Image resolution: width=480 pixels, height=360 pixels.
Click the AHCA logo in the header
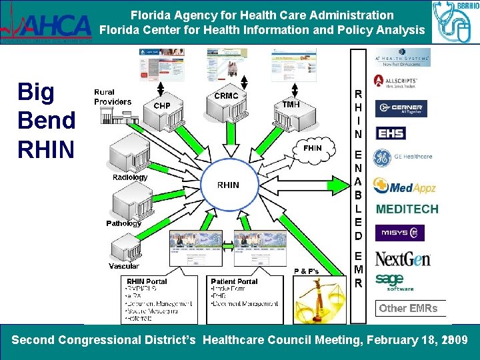click(x=47, y=25)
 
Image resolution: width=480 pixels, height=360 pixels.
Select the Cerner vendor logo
click(x=401, y=108)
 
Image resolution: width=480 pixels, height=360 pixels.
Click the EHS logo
click(x=391, y=133)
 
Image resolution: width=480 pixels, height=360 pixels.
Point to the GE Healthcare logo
click(x=403, y=157)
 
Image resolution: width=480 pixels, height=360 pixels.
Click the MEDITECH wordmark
click(x=407, y=209)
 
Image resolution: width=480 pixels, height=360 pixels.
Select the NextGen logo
click(x=402, y=258)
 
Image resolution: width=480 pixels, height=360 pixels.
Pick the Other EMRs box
click(x=408, y=308)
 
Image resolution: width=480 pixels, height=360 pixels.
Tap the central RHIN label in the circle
click(x=229, y=185)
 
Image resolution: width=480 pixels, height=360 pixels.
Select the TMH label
click(x=291, y=105)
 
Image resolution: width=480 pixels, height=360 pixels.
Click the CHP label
click(x=162, y=105)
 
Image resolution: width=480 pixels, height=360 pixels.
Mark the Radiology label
click(x=130, y=177)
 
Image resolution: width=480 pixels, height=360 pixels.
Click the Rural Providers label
click(x=113, y=97)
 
